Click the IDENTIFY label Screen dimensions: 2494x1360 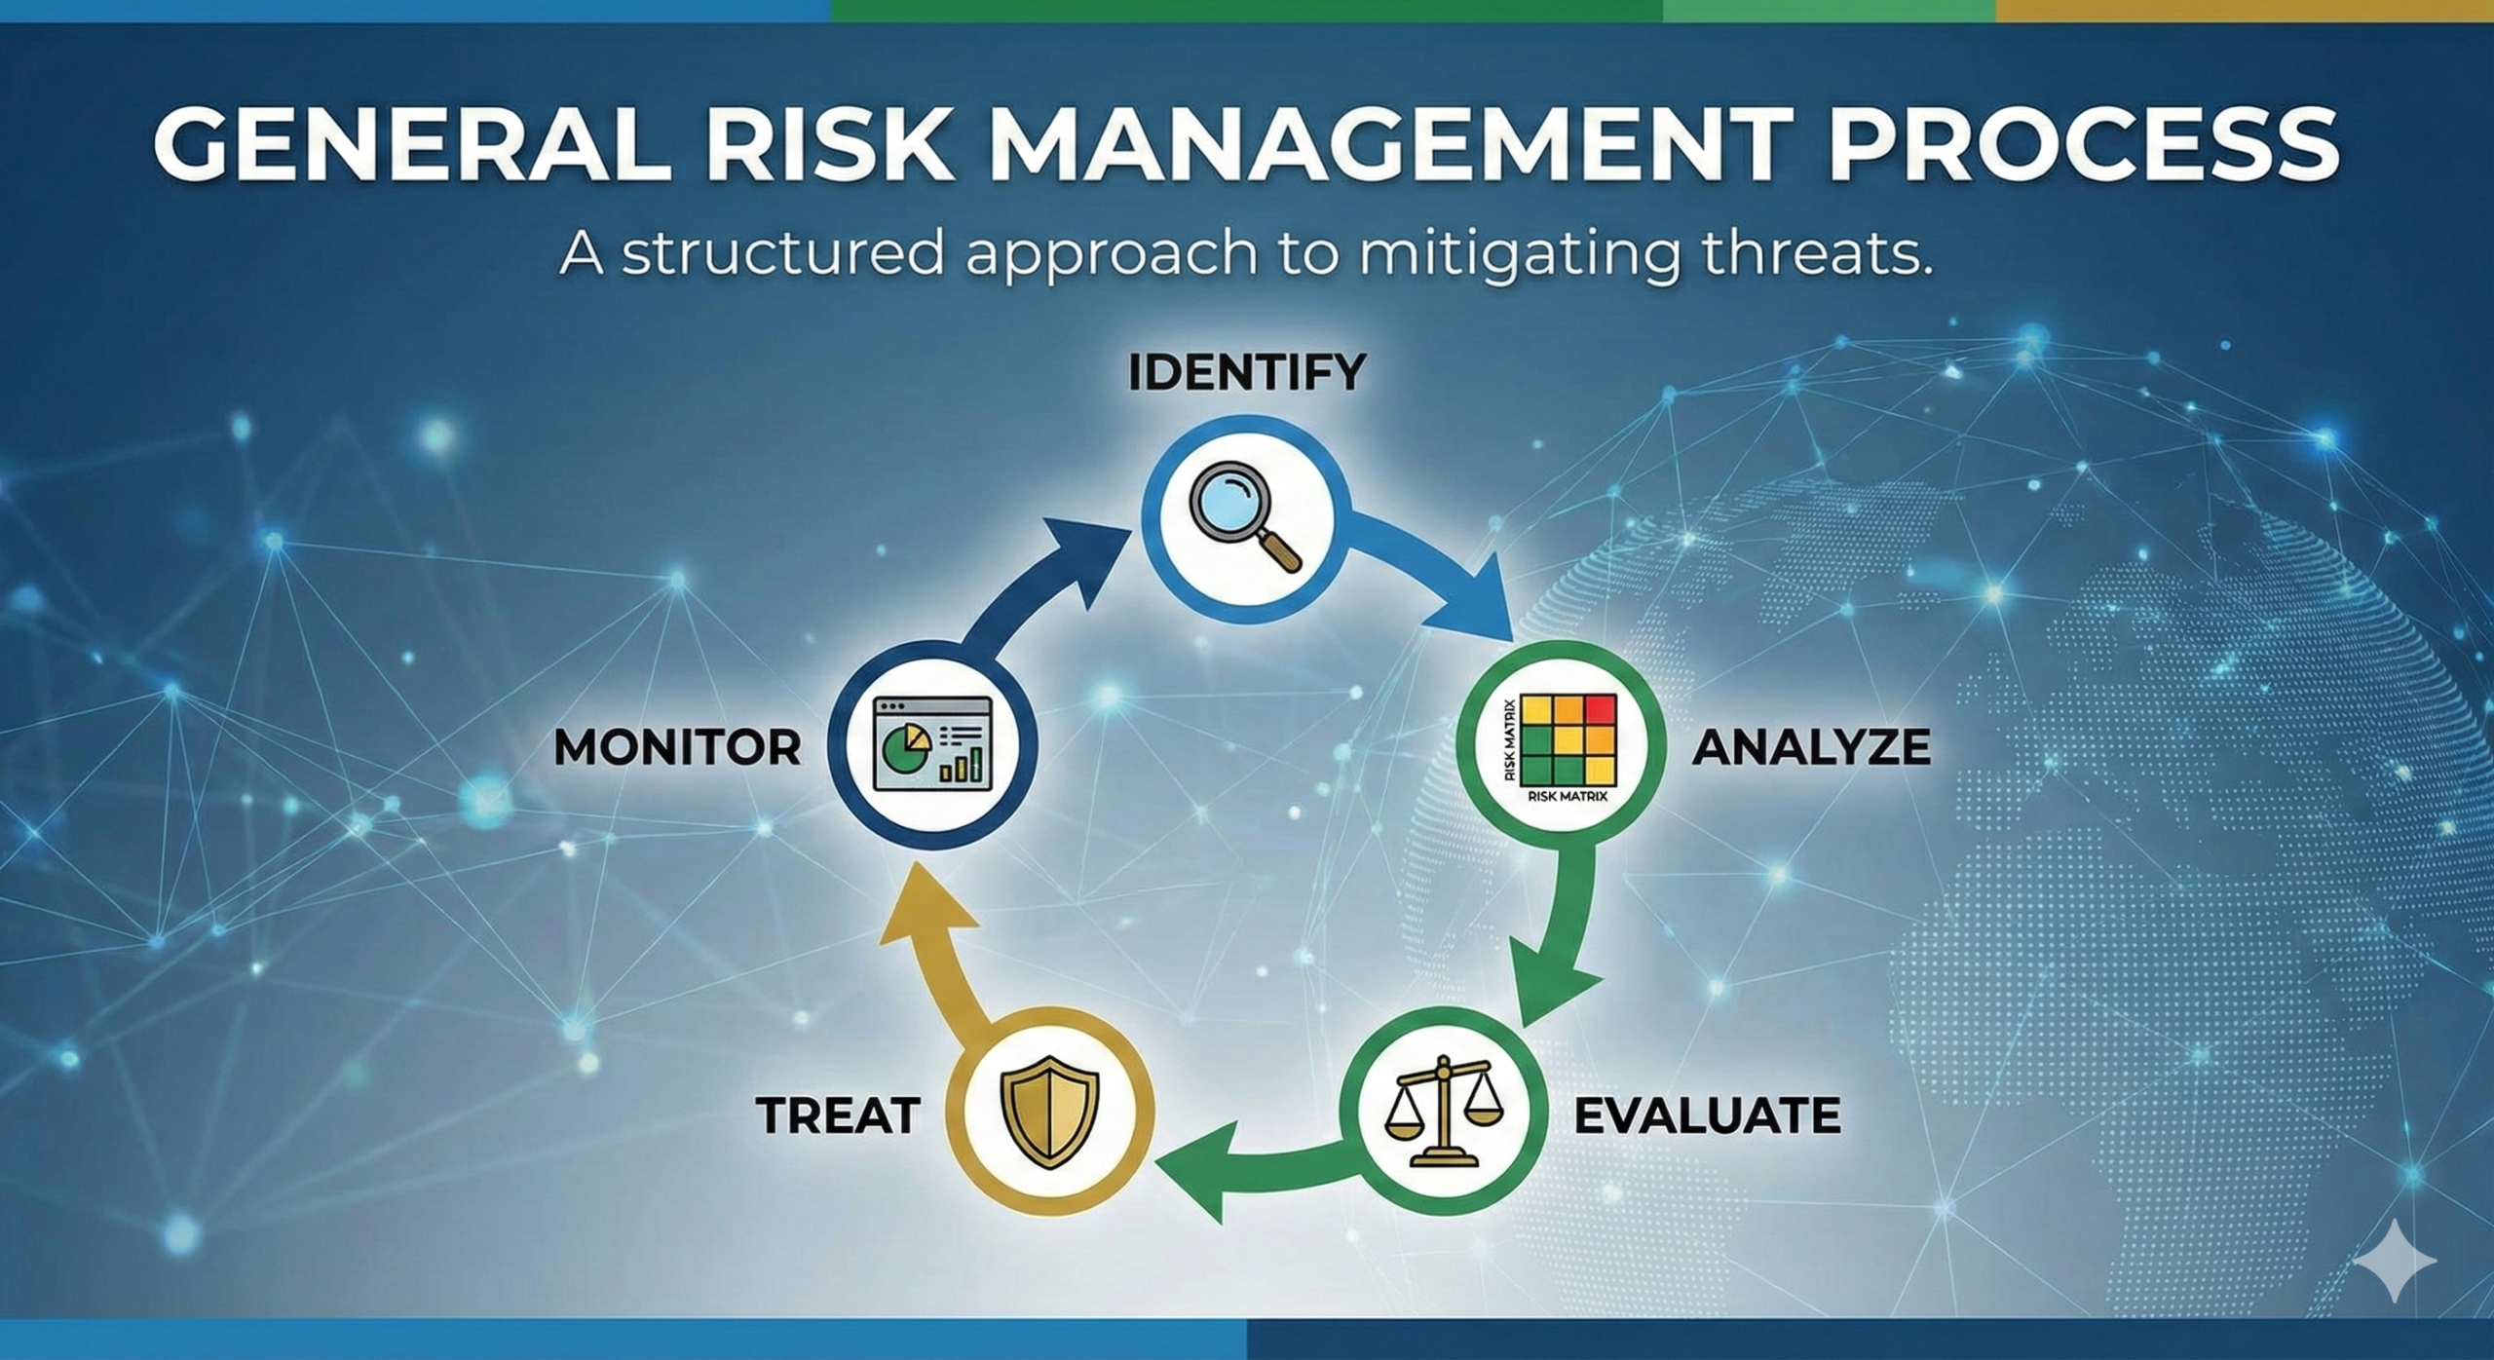point(1247,372)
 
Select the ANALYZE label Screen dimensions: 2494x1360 point(1811,747)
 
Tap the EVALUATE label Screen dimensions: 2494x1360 point(1707,1115)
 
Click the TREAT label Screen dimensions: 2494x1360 point(838,1115)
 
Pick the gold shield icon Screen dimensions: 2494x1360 point(1050,1114)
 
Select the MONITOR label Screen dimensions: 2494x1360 point(677,747)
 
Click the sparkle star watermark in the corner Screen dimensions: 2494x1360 point(2395,1261)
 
